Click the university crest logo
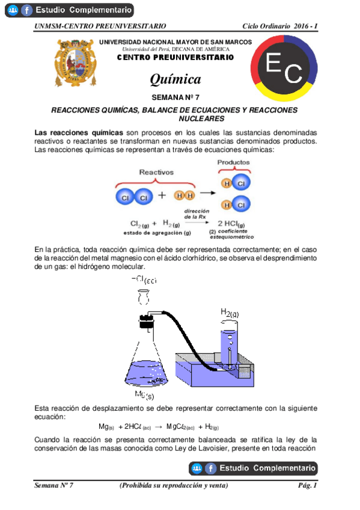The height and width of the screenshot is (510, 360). coord(76,63)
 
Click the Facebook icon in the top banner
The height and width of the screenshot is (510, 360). coord(26,10)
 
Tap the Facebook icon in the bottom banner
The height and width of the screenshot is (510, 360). coord(211,469)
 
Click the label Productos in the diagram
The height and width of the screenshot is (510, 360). coord(234,162)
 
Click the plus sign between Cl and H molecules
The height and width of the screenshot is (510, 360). coord(162,195)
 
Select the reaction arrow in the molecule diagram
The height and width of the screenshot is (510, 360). coord(207,193)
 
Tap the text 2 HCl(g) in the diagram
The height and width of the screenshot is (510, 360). coord(236,223)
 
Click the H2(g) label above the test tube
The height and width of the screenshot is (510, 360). coord(229,313)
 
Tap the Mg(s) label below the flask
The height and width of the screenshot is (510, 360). coord(144,395)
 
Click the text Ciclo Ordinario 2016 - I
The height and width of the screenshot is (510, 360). coord(279,26)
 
